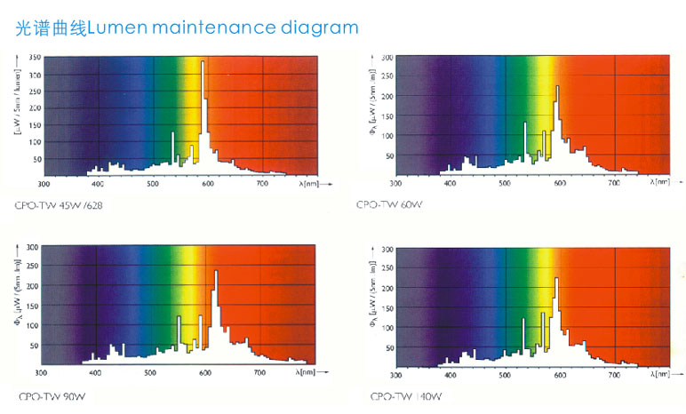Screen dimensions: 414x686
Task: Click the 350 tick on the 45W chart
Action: pos(34,58)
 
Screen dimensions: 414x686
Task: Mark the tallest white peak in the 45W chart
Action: pos(203,63)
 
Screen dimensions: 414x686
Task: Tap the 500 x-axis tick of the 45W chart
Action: pos(152,184)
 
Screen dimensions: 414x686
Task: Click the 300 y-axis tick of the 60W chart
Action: pos(387,57)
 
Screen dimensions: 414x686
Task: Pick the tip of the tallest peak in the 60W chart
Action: pos(557,86)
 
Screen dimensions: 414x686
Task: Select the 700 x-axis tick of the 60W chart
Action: pos(613,181)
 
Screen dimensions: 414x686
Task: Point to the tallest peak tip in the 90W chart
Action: pos(216,271)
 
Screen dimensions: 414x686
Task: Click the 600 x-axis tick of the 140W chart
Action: pos(559,377)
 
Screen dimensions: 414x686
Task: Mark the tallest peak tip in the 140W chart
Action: pos(556,279)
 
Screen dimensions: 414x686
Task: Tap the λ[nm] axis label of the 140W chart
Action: pos(658,377)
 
